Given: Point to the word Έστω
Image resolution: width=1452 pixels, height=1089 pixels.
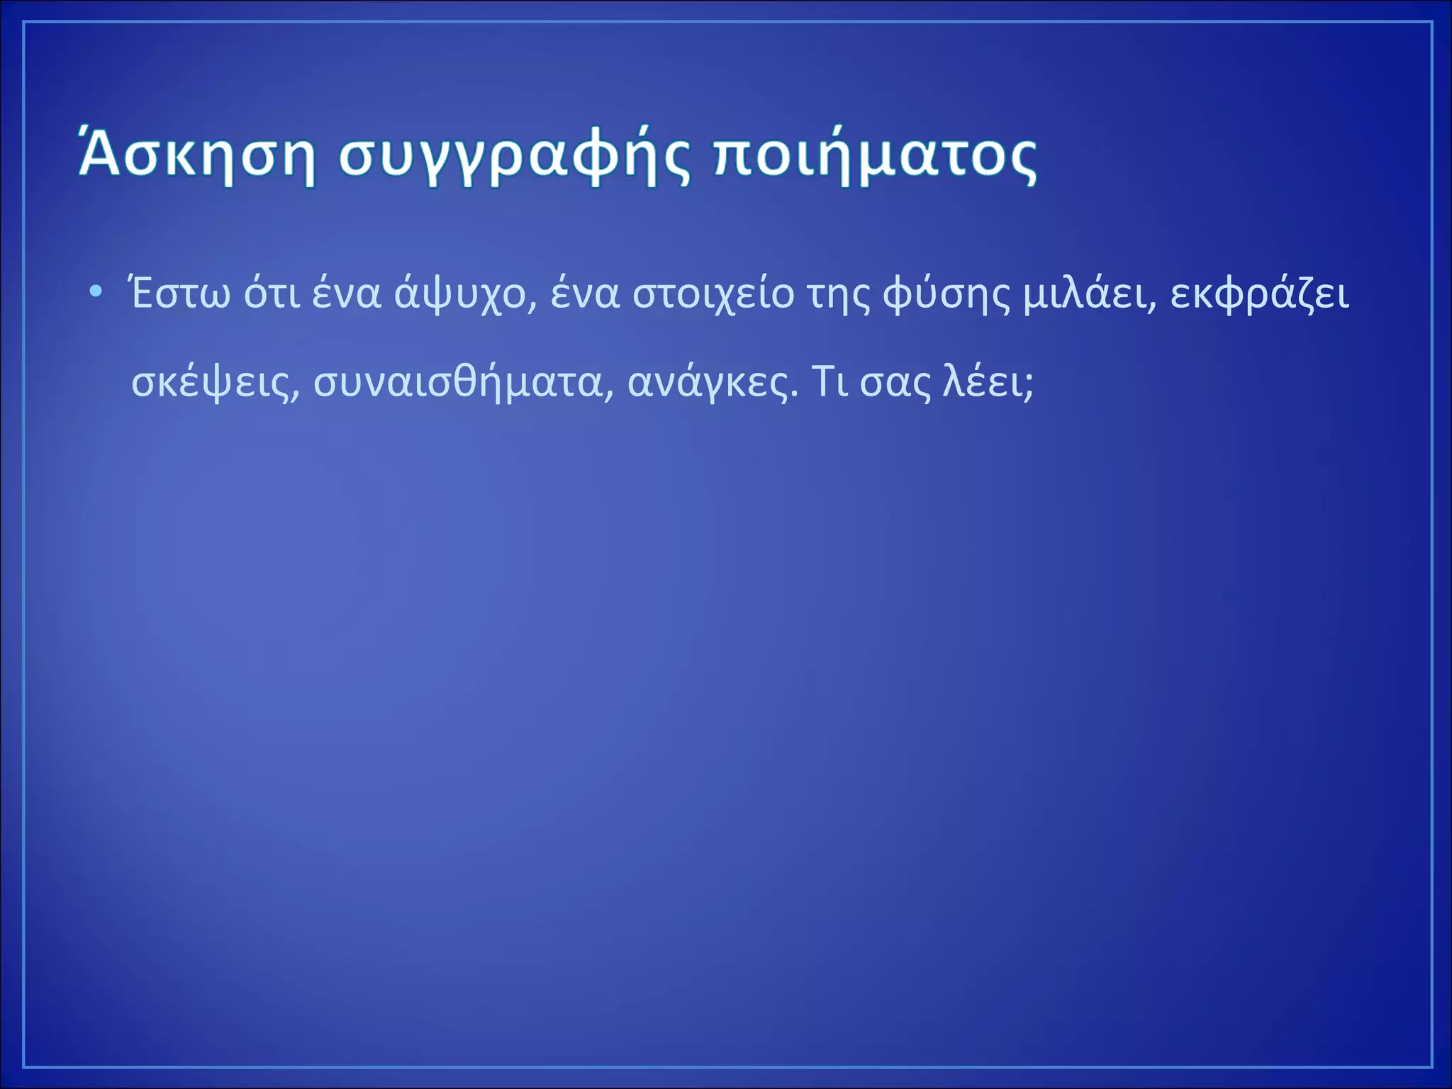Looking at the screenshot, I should [x=181, y=294].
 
